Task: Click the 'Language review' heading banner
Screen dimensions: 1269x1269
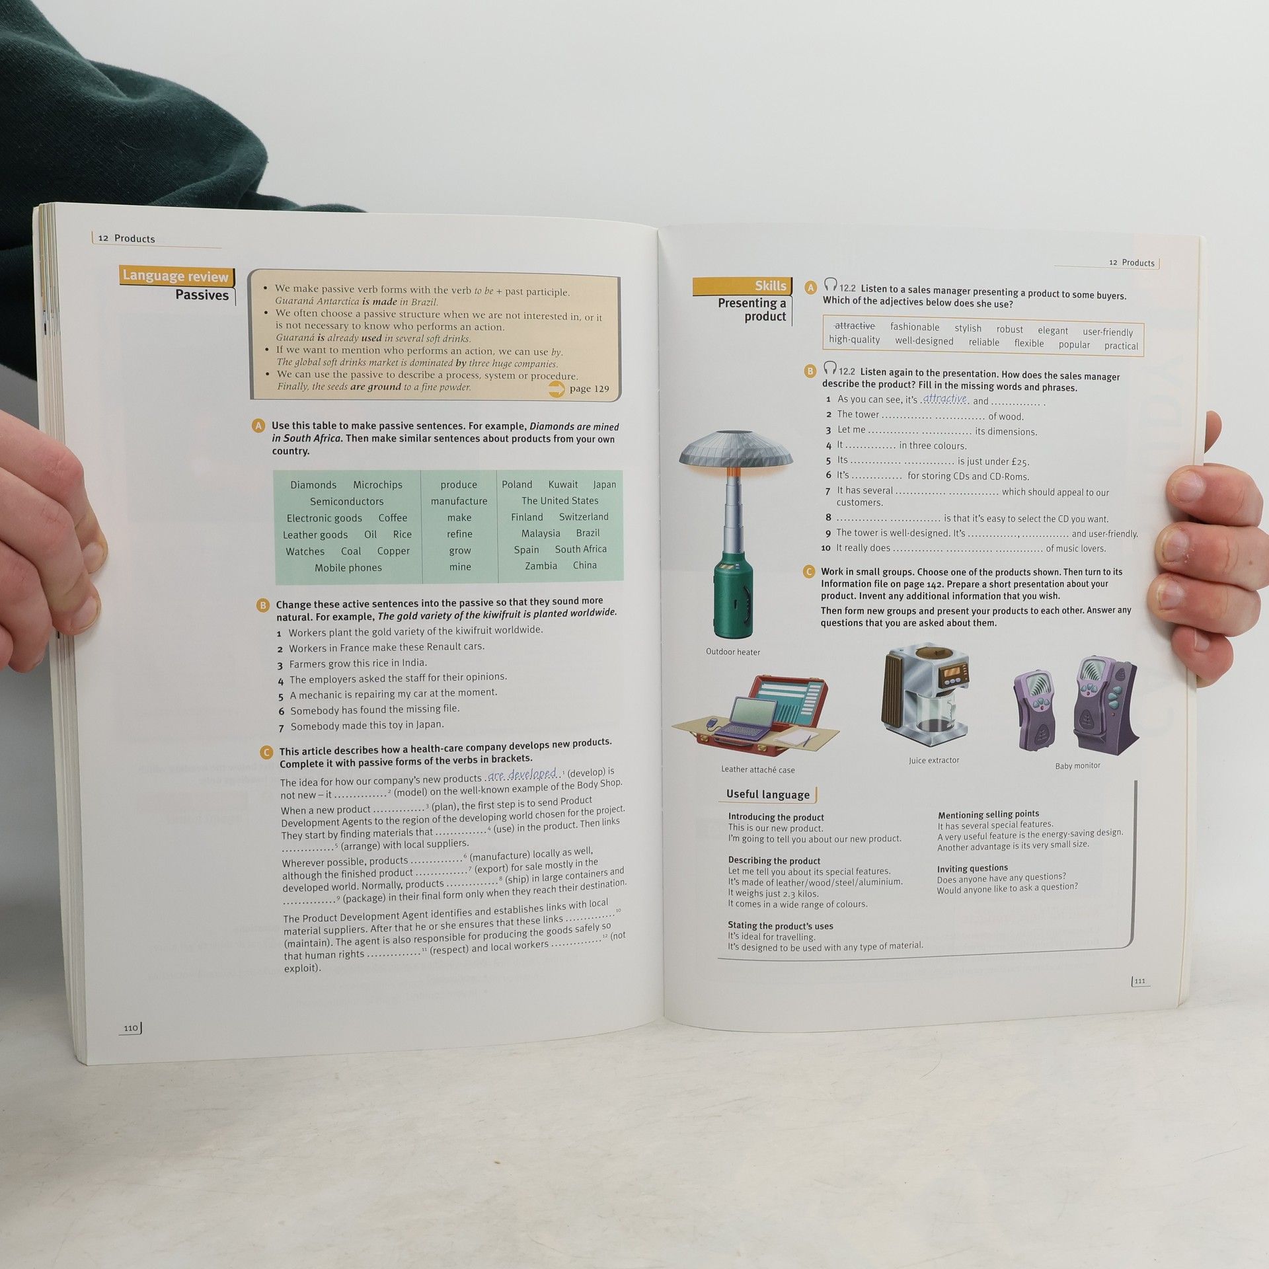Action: [176, 276]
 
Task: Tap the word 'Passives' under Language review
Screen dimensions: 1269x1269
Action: [202, 295]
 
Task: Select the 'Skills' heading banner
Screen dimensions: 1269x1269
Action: [742, 286]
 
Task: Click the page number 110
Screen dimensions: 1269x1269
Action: [131, 1028]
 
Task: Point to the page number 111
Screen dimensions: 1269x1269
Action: [1139, 981]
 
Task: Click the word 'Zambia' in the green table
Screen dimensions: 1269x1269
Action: [541, 566]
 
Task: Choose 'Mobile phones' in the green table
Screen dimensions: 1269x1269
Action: [348, 568]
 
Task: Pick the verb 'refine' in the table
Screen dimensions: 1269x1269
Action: [459, 534]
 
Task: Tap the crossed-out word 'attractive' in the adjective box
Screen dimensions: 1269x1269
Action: [855, 326]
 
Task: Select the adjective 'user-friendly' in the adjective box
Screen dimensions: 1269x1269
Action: [1108, 332]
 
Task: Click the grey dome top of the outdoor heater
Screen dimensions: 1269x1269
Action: [736, 449]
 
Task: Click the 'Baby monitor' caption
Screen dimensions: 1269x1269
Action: [1077, 766]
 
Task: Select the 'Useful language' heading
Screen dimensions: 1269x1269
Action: [767, 794]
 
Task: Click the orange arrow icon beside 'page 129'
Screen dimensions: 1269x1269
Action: [557, 389]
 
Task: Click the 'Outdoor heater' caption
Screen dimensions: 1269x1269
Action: [733, 652]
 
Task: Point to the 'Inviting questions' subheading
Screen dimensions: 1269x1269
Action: [972, 868]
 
